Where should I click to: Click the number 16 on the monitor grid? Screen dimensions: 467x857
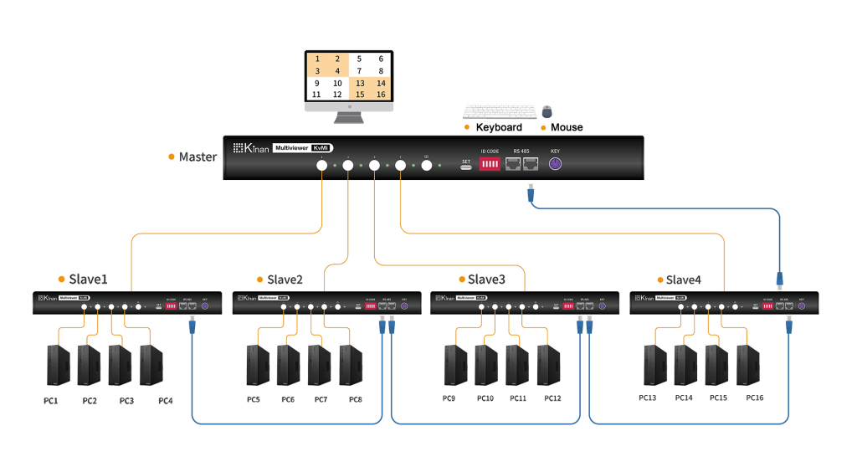pos(381,95)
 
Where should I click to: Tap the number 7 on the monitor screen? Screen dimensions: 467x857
pos(359,71)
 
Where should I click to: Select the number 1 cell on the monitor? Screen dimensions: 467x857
pos(317,59)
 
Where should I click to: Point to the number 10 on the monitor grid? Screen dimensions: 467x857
pos(337,83)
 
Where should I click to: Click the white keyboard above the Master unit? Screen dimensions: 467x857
pos(500,110)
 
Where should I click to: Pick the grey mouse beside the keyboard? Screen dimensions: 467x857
pos(547,111)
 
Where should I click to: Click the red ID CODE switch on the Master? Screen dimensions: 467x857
pos(490,165)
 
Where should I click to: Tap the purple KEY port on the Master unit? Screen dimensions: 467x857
pos(554,164)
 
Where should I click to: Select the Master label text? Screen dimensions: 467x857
pos(198,157)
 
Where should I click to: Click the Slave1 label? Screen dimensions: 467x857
pos(88,279)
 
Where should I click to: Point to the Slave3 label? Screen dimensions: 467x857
pos(486,279)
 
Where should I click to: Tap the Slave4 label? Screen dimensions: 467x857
pos(685,279)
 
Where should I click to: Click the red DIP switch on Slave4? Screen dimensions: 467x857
pos(767,306)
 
